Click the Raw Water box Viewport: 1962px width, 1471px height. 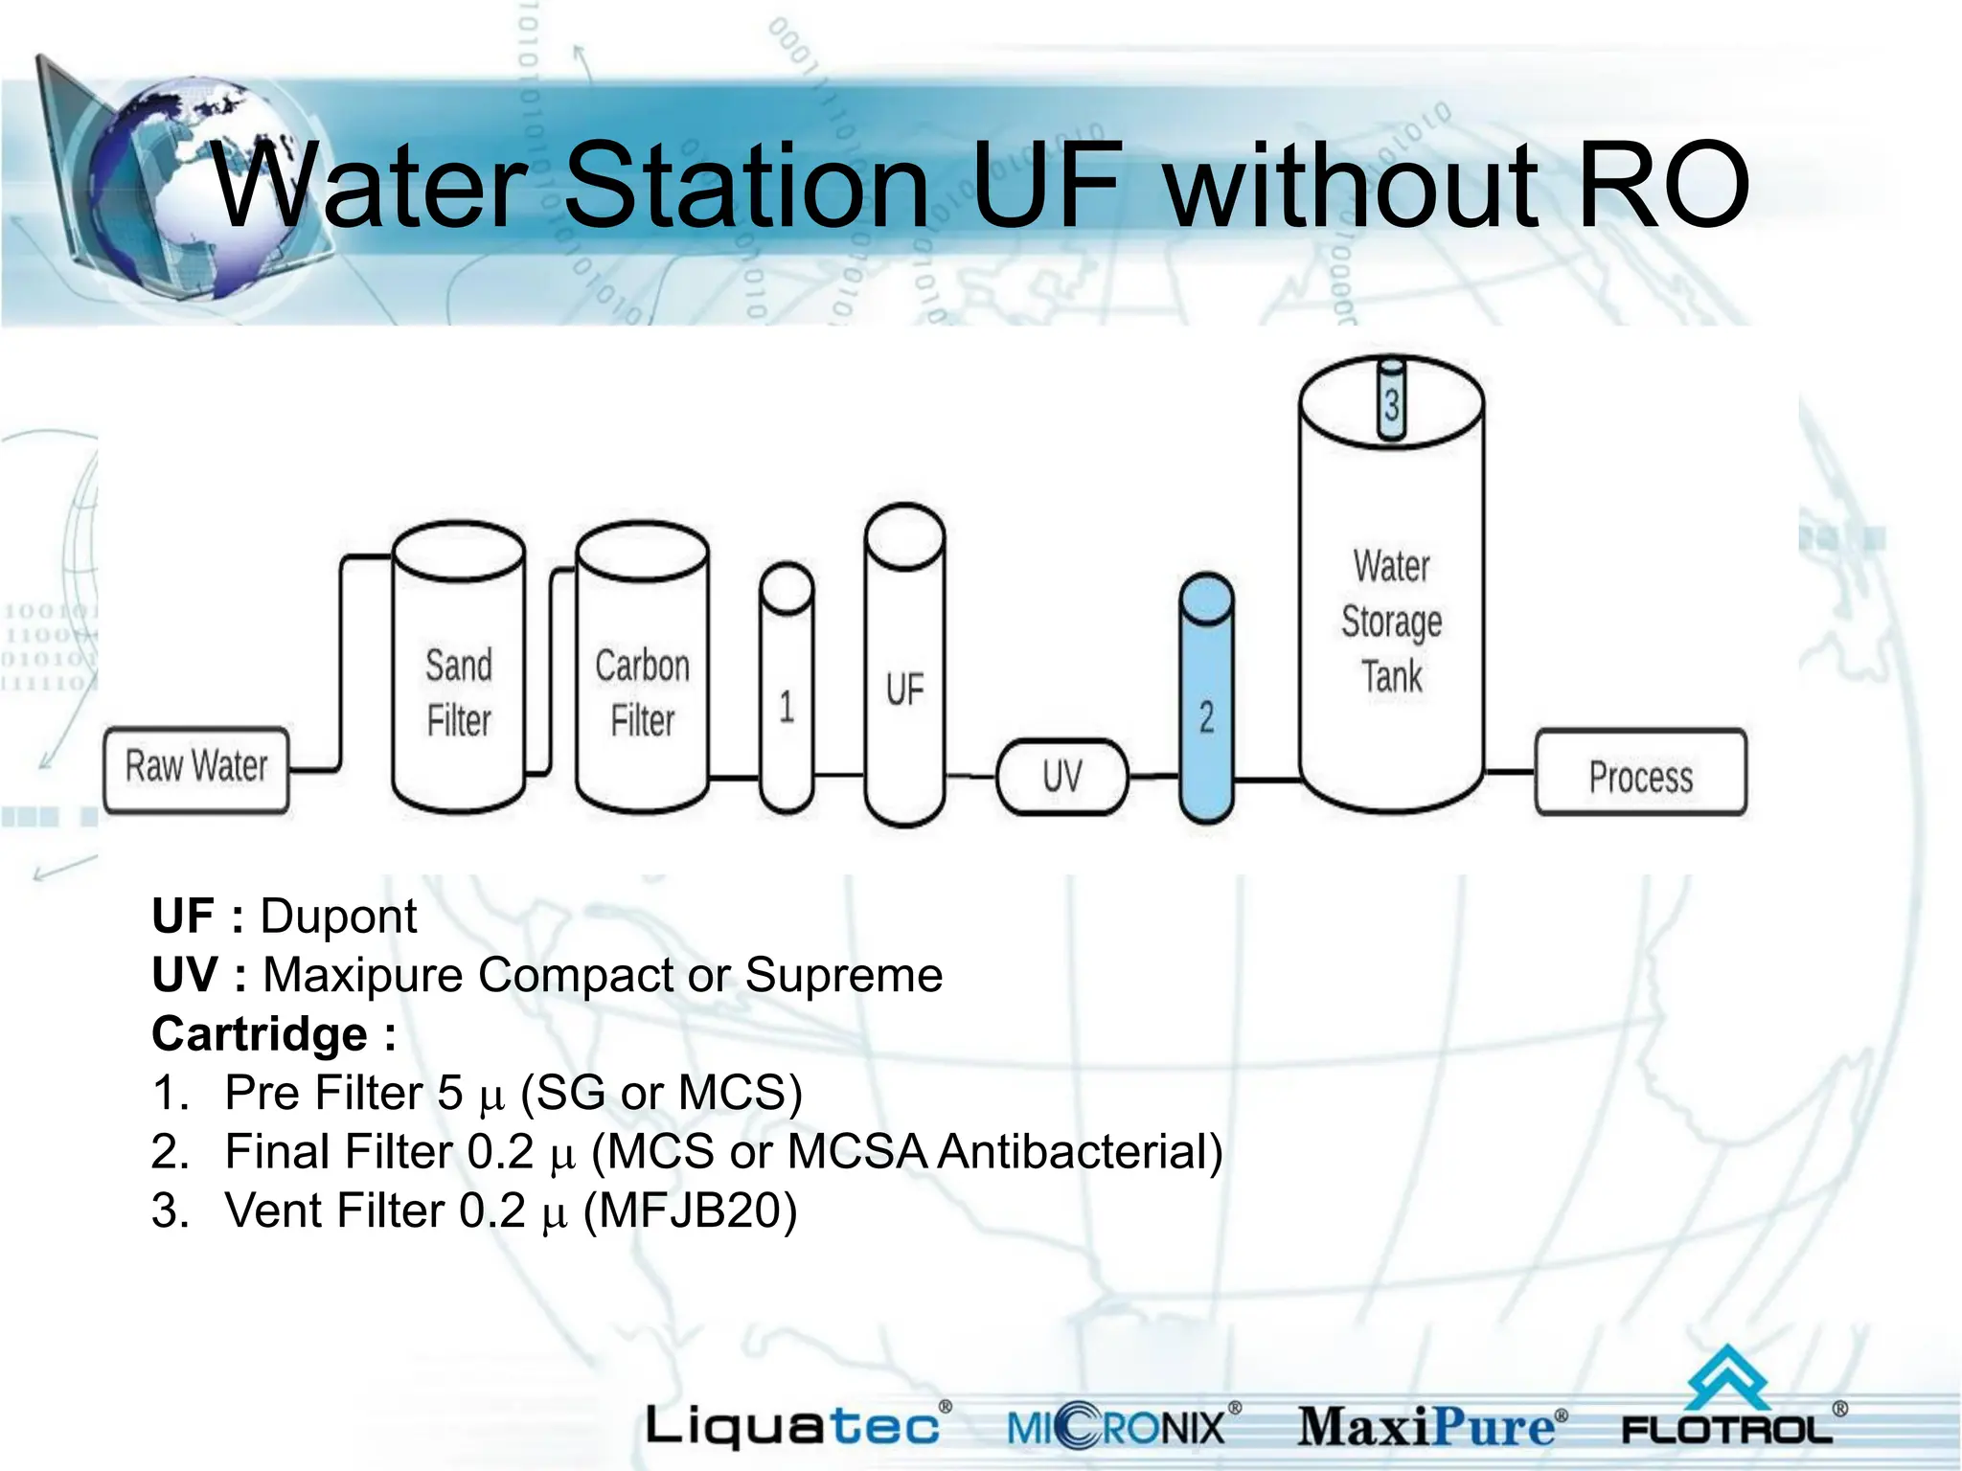point(195,769)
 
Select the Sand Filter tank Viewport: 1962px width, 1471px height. point(459,691)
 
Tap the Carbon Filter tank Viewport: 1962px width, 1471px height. point(642,691)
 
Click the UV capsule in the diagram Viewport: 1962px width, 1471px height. point(1061,776)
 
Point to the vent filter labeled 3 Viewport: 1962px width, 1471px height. point(1391,402)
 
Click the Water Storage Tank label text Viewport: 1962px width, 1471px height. point(1391,621)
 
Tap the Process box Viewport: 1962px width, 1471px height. point(1640,774)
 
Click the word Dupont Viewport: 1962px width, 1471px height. point(338,917)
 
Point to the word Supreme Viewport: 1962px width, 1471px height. point(843,975)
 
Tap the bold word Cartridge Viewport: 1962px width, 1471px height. point(260,1034)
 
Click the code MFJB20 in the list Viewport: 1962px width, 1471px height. point(690,1211)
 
